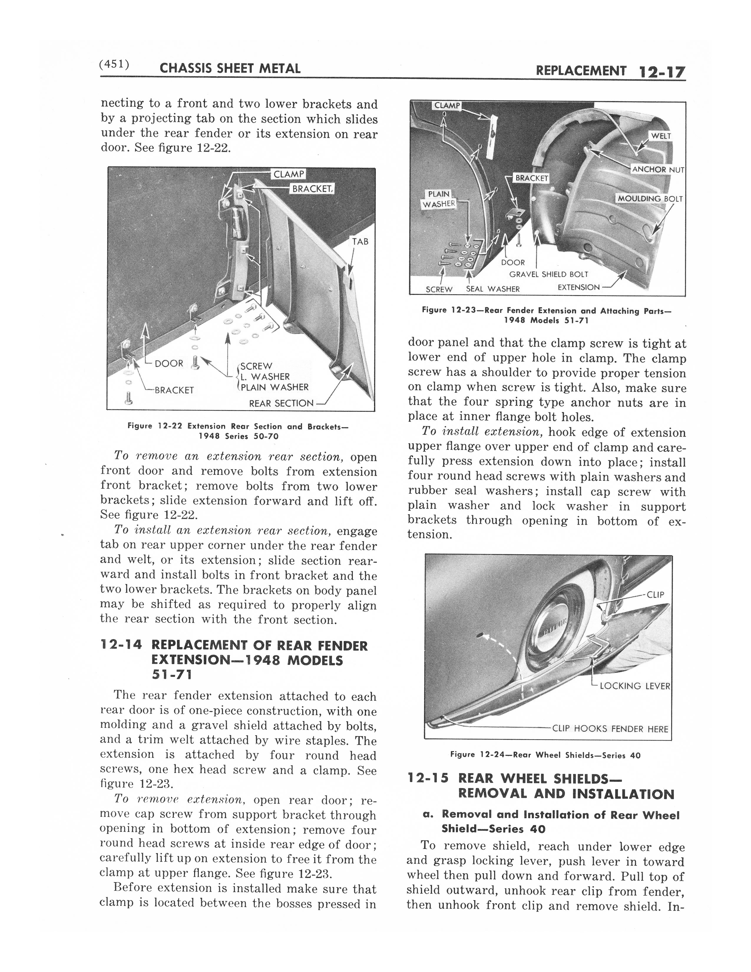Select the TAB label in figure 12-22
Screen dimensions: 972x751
coord(360,242)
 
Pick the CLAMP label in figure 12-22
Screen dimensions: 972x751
coord(289,174)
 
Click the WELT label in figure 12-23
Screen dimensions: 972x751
coord(661,136)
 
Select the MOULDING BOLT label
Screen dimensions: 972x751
coord(649,199)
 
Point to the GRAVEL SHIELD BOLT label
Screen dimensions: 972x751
coord(548,275)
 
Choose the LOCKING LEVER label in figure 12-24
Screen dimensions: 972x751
coord(634,686)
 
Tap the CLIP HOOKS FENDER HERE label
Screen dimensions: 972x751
coord(610,728)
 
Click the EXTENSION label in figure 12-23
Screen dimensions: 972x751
coord(578,287)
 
